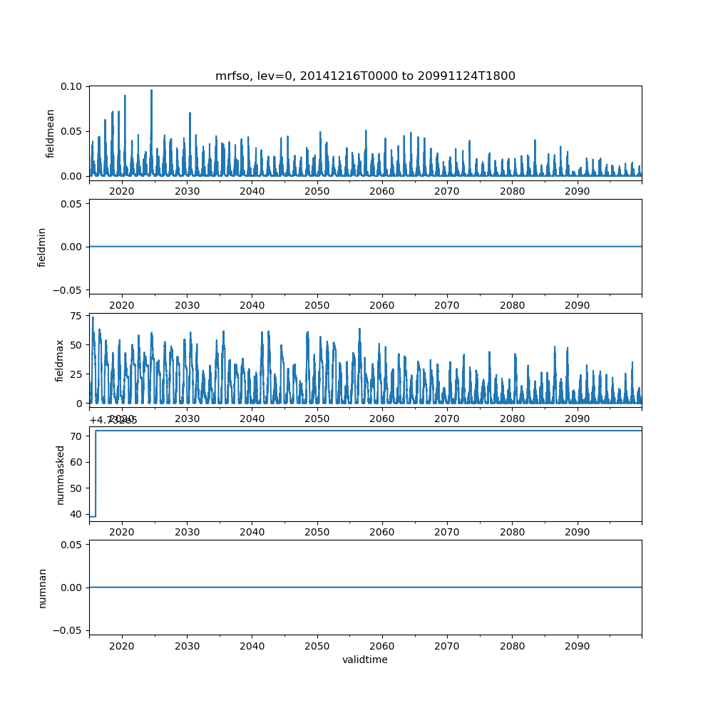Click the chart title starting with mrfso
coord(365,76)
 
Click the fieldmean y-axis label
coord(51,133)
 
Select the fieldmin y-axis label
coord(42,247)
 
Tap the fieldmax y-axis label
coord(59,360)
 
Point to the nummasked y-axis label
coord(61,474)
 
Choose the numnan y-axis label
coord(42,588)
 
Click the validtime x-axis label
coord(365,660)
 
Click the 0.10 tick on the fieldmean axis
coord(73,86)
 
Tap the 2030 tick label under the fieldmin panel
coord(187,305)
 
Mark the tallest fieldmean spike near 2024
coord(151,91)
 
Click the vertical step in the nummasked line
coord(96,473)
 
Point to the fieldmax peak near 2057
coord(359,329)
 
